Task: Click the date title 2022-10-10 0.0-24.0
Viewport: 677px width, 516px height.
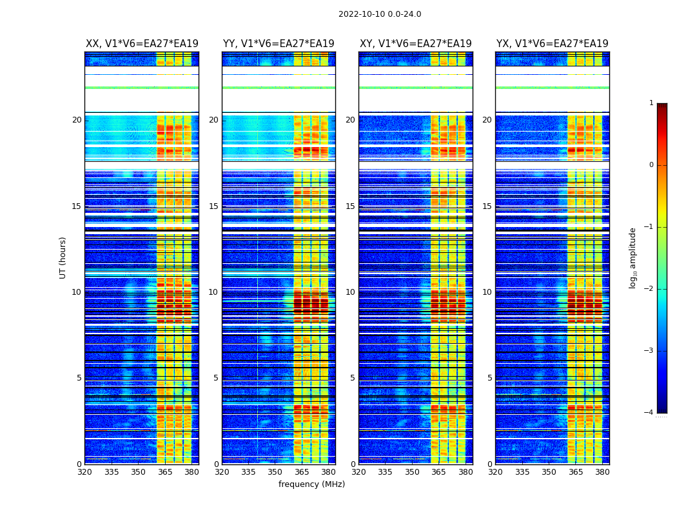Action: [380, 14]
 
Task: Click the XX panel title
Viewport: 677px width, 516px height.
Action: [142, 44]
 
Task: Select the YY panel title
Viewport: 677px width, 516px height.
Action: [279, 44]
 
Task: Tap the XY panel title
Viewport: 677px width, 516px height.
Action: [416, 44]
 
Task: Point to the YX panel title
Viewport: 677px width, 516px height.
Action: [553, 44]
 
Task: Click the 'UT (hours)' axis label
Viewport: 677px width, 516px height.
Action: [63, 257]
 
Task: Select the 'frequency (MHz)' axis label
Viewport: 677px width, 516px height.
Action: [311, 484]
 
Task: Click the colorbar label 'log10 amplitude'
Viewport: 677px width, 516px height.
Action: [633, 257]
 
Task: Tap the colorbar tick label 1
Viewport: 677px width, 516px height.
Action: [651, 103]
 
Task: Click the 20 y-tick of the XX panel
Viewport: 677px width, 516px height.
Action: [77, 120]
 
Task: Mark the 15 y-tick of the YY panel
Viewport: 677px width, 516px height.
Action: [213, 206]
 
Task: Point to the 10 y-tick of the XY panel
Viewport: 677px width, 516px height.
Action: [350, 292]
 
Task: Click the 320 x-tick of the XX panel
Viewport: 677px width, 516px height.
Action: [85, 471]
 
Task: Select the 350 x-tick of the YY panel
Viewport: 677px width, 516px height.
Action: [275, 471]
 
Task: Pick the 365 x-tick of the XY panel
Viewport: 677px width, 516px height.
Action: [438, 471]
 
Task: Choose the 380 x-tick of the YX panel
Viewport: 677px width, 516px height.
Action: [602, 471]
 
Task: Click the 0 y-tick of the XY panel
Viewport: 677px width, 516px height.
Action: [353, 464]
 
